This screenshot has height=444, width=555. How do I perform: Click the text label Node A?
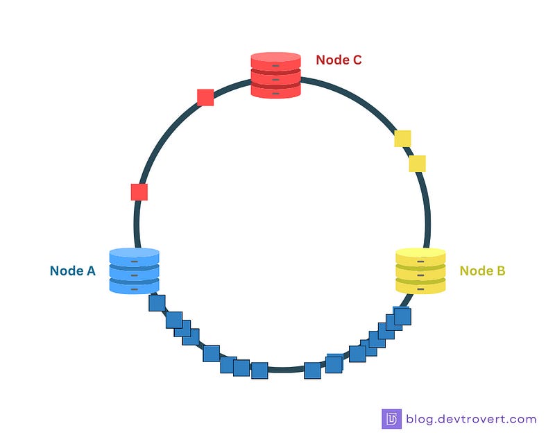(72, 271)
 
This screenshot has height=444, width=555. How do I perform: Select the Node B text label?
(482, 271)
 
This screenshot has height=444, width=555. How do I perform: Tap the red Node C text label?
(339, 60)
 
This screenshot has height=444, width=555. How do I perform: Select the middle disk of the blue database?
(135, 273)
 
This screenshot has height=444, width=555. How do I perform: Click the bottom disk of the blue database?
(135, 286)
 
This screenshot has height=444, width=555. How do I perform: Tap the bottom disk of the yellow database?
(420, 285)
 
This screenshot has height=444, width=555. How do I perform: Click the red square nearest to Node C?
(205, 97)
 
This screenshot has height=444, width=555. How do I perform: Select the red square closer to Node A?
(139, 192)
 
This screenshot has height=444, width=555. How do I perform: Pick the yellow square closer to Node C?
(402, 139)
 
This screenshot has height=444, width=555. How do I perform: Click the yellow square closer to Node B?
(417, 164)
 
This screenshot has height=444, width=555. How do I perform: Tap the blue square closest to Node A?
(157, 303)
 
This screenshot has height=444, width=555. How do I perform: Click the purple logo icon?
(391, 419)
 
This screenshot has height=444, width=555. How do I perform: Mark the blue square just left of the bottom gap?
(259, 370)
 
